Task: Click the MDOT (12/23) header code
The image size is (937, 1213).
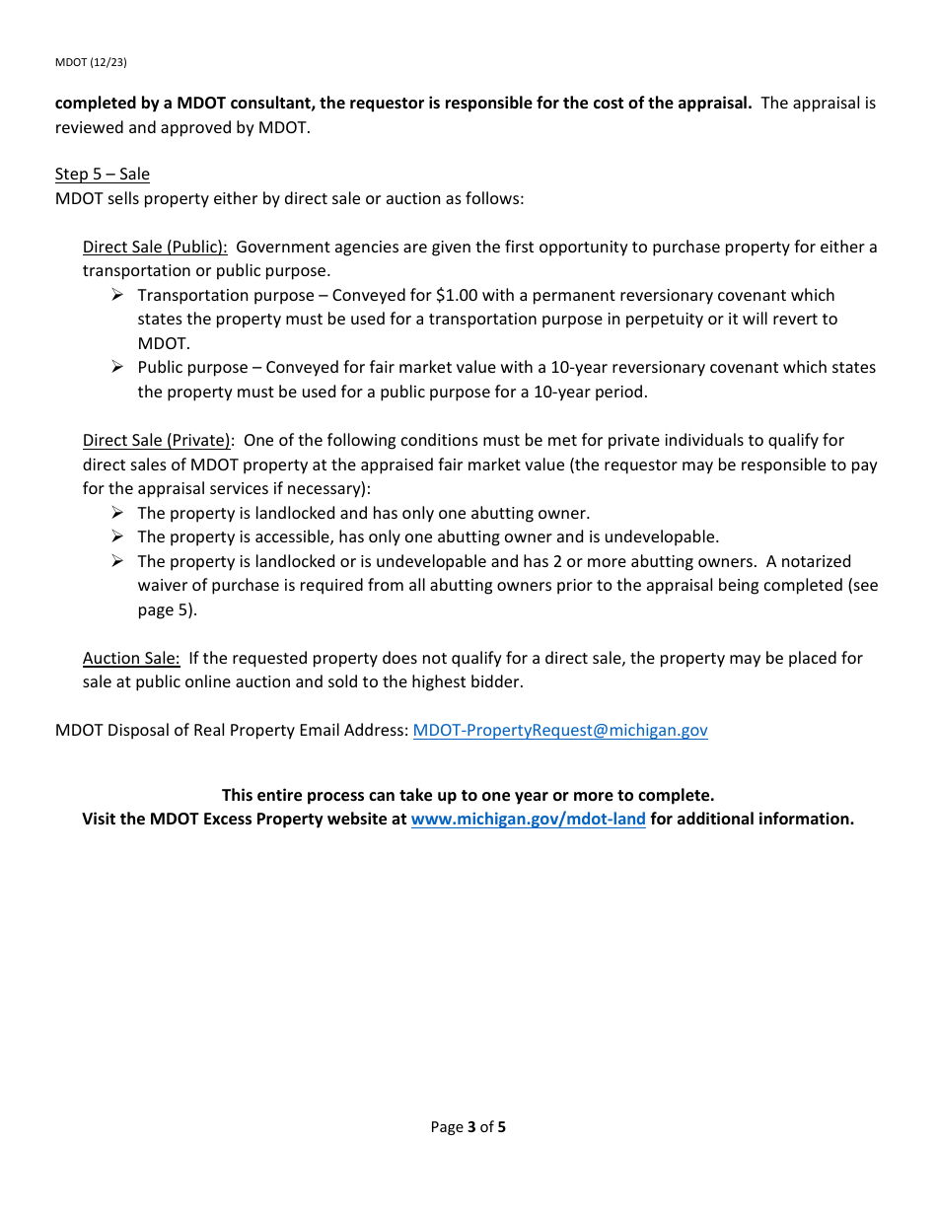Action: click(91, 62)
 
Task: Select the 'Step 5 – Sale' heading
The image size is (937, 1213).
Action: click(103, 175)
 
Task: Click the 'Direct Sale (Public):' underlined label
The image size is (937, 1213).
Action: click(155, 247)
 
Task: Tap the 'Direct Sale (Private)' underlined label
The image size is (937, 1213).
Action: click(157, 440)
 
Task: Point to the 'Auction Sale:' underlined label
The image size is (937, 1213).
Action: click(131, 658)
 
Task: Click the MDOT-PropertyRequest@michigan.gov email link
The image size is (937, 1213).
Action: click(559, 731)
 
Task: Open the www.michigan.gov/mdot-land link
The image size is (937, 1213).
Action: click(528, 819)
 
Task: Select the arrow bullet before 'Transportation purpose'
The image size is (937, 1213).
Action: click(116, 295)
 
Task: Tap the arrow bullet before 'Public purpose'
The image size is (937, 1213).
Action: click(116, 367)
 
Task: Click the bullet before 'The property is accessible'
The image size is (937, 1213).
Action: click(116, 536)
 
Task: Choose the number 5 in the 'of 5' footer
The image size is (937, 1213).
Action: click(501, 1127)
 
